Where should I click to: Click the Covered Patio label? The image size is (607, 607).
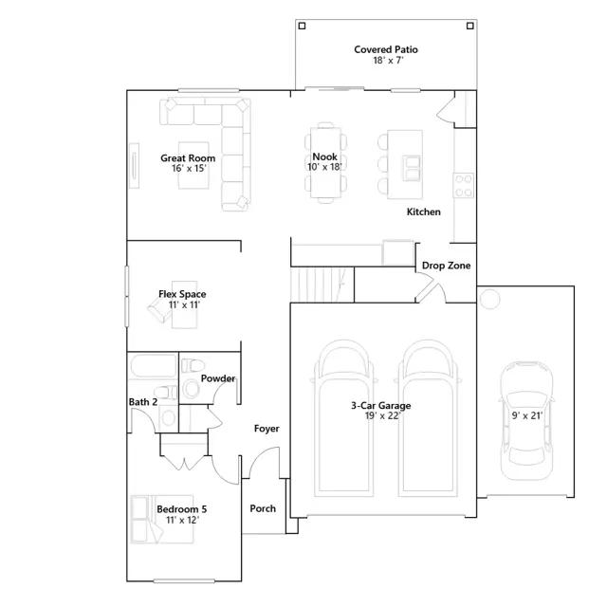(386, 49)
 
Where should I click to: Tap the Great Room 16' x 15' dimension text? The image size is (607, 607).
(189, 169)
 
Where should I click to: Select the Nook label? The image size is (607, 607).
(324, 156)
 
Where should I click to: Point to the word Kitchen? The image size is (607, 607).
(424, 212)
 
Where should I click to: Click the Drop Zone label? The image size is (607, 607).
(446, 266)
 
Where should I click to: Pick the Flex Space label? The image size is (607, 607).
(182, 294)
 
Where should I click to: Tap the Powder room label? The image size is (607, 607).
(218, 378)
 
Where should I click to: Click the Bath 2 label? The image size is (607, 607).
(143, 402)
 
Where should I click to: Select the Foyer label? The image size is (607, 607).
(267, 429)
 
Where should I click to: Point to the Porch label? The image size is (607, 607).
(263, 508)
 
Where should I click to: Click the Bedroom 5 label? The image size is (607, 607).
(181, 509)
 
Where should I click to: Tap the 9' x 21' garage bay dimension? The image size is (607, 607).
(527, 415)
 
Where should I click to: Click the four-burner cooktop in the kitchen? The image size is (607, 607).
(464, 186)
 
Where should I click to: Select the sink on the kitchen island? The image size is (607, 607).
(411, 168)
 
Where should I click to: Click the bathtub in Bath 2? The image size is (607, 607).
(154, 366)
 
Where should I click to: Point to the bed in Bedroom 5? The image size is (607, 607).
(162, 519)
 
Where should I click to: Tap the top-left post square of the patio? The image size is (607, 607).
(302, 26)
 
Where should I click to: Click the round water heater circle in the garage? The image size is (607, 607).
(489, 300)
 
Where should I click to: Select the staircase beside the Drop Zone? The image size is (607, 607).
(322, 285)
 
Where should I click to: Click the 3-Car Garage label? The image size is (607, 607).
(381, 406)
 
